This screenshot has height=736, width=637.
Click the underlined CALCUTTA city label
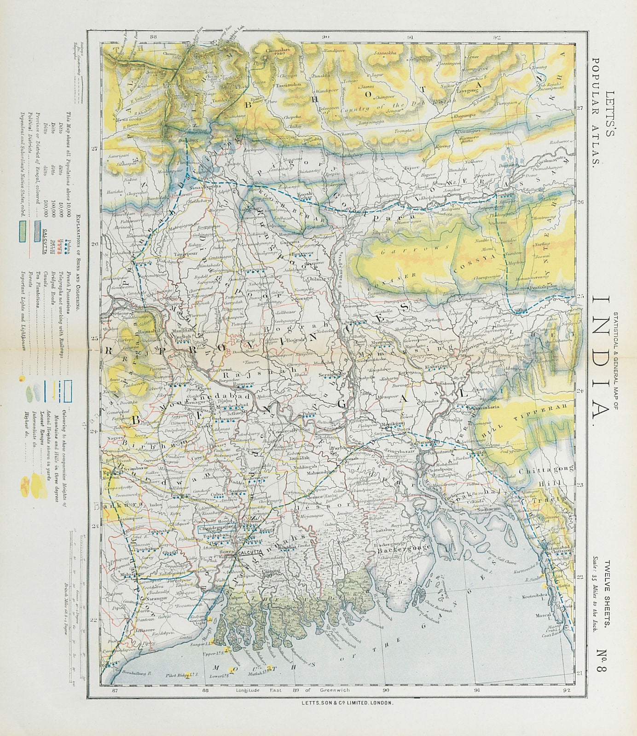[251, 552]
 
